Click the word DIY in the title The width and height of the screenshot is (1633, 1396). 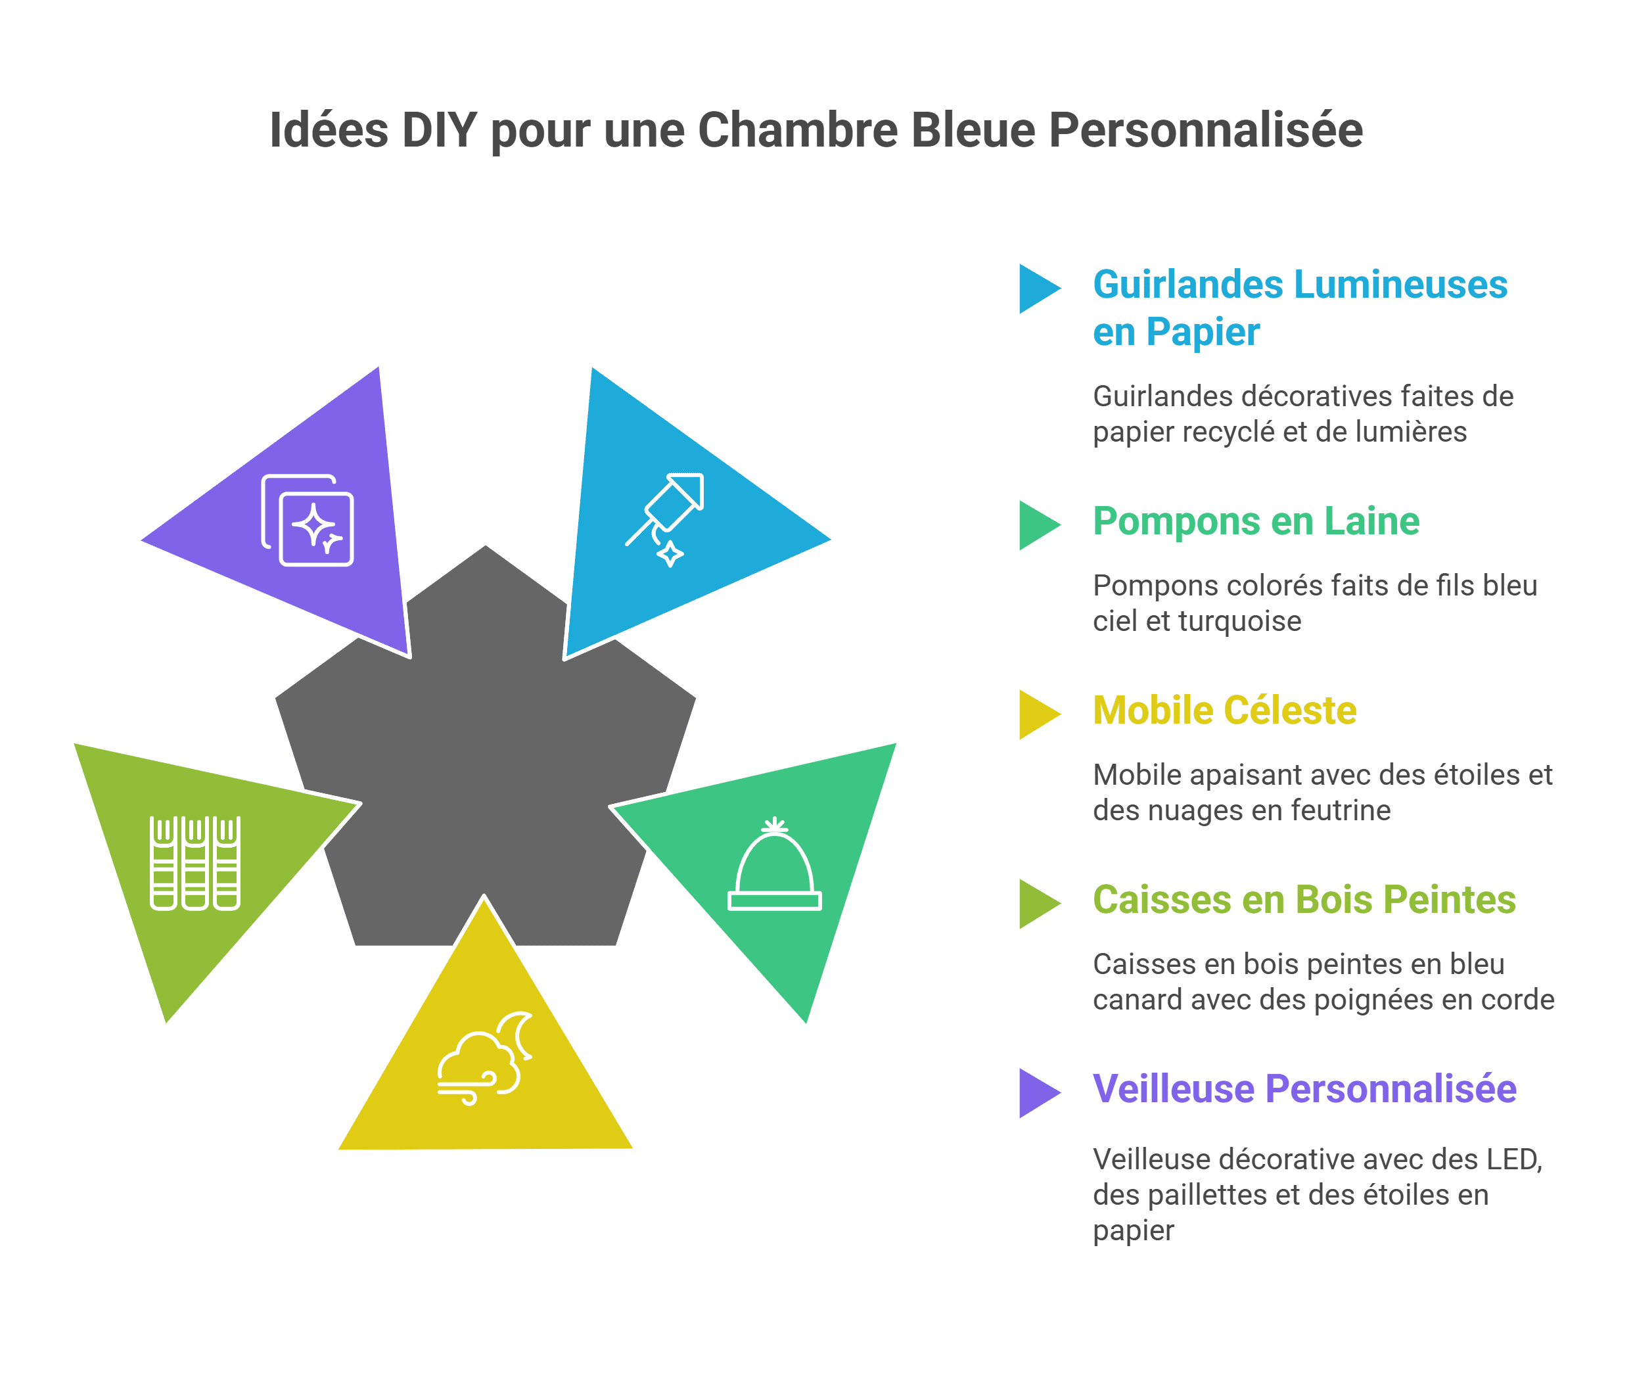coord(438,130)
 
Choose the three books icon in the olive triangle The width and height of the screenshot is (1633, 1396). coord(195,863)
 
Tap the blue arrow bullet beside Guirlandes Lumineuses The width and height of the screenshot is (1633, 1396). coord(1039,289)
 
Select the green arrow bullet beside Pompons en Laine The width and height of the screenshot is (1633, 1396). coord(1039,525)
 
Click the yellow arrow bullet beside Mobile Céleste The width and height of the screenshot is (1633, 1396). coord(1039,714)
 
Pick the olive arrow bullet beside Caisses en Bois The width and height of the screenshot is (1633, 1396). coord(1039,903)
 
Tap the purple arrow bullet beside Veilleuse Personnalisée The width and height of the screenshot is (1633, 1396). coord(1039,1092)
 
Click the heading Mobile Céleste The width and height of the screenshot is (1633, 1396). coord(1225,710)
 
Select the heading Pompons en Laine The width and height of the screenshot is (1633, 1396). coord(1256,521)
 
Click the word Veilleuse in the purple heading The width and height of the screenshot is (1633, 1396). coord(1174,1088)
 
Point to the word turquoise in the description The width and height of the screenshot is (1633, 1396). coord(1239,621)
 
